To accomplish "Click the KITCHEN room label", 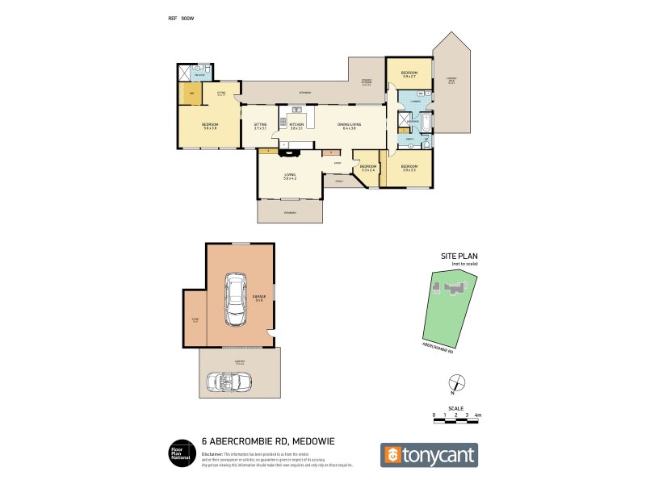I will (x=296, y=125).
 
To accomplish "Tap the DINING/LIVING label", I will (x=352, y=125).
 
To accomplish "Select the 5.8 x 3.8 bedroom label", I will (x=210, y=126).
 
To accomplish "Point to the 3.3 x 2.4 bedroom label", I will (x=369, y=168).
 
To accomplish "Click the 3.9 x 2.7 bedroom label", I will (x=409, y=75).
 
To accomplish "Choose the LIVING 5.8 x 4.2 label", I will (x=290, y=176).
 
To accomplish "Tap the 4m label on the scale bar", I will (x=478, y=415).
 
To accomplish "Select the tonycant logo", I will (x=429, y=455).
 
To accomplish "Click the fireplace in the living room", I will (x=288, y=148).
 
